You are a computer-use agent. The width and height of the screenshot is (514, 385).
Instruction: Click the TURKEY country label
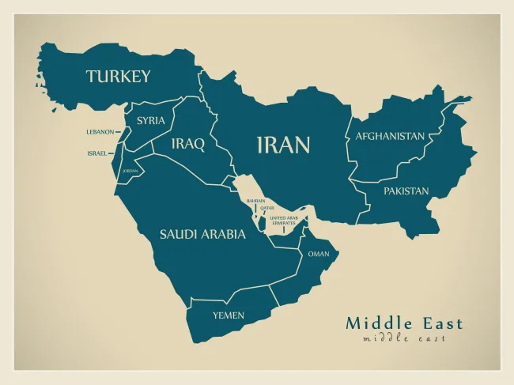pos(118,77)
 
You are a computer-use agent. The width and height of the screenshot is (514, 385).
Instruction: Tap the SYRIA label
pos(150,121)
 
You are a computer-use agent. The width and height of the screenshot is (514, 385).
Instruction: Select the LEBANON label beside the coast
pos(100,132)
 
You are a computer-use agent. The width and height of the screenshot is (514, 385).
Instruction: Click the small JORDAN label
pos(130,171)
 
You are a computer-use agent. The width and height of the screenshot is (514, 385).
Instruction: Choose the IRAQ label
pos(188,144)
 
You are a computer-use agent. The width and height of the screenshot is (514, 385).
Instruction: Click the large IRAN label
pos(282,145)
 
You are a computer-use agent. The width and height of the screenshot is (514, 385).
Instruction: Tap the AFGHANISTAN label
pos(389,136)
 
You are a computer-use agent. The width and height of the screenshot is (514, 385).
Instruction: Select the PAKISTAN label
pos(406,191)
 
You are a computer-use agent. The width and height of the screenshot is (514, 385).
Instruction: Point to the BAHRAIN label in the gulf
pos(255,201)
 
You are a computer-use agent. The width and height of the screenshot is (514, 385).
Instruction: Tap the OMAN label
pos(318,254)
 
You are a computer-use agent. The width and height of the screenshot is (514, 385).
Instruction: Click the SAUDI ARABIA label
pos(197,234)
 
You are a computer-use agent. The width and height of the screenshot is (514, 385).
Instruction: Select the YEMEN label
pos(228,315)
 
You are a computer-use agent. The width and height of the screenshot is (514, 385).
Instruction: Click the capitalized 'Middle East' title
pos(404,323)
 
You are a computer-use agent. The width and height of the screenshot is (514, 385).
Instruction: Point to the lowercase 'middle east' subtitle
pos(404,338)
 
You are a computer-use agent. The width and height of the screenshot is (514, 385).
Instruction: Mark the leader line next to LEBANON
pos(119,132)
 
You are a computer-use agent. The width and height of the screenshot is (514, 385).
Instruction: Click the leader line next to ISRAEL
pos(113,153)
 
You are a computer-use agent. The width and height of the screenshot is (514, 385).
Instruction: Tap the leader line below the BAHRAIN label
pos(255,209)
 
